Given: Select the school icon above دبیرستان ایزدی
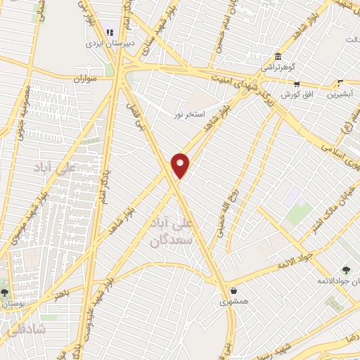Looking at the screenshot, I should point(110,31).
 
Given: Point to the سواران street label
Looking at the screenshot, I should point(84,79).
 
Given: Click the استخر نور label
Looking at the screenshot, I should point(190,112).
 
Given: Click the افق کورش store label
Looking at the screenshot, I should point(296,94).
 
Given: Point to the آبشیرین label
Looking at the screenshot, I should point(340,94).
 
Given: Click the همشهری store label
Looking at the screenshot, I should point(233,302).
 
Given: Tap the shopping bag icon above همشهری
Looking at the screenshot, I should point(233,290).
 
